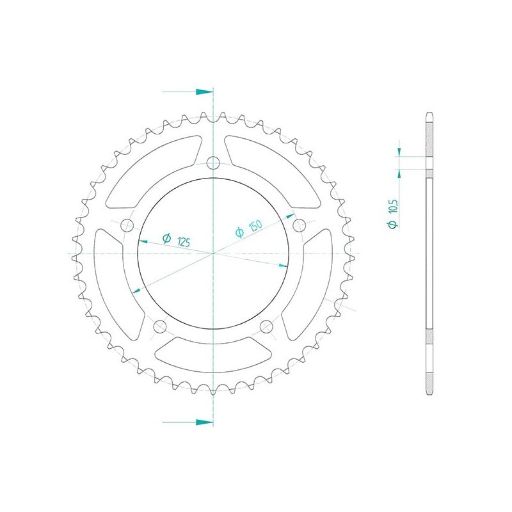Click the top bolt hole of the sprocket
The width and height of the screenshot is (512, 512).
click(x=213, y=163)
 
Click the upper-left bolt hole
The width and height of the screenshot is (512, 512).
click(x=127, y=225)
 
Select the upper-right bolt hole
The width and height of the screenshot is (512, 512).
click(x=299, y=225)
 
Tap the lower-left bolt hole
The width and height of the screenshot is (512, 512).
click(x=160, y=326)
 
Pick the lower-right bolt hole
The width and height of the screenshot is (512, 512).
click(x=266, y=326)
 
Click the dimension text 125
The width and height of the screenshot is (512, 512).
click(x=184, y=242)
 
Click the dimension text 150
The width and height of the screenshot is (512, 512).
click(x=255, y=226)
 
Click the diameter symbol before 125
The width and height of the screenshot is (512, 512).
click(x=166, y=238)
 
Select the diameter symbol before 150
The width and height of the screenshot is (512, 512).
click(x=239, y=232)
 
